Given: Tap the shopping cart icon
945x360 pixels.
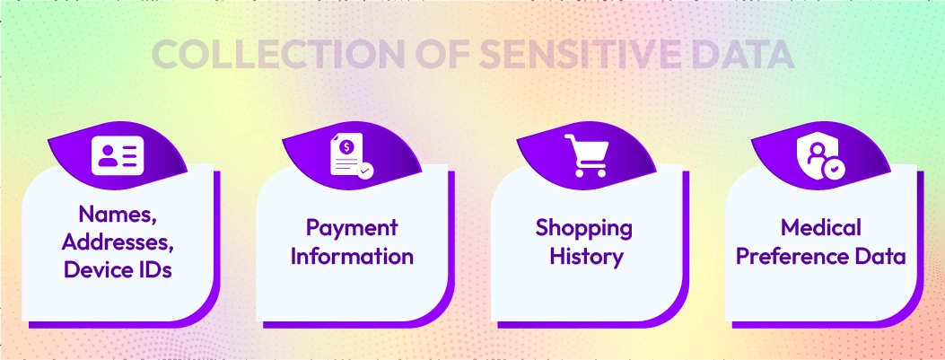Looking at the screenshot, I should click(x=586, y=155).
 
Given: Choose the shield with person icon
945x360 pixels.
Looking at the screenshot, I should click(x=820, y=155).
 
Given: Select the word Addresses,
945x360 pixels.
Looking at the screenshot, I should click(x=118, y=241).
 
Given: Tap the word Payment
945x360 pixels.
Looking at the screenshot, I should click(x=352, y=227).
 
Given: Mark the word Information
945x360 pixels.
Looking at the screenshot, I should click(x=352, y=256).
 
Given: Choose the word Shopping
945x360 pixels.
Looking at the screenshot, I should click(x=584, y=227).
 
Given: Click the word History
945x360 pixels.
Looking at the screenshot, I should click(x=584, y=256).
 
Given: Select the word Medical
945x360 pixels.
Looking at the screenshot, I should click(x=820, y=227).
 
